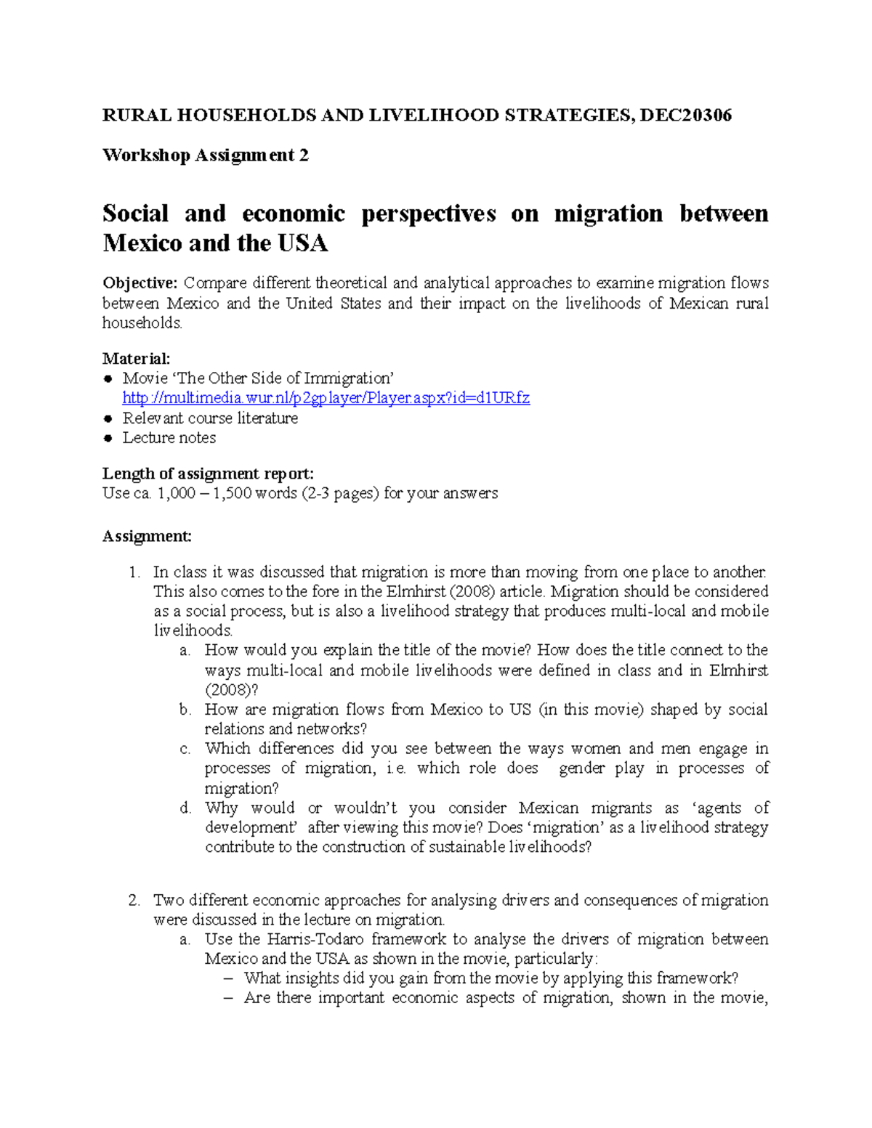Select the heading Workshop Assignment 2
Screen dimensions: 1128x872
pos(206,155)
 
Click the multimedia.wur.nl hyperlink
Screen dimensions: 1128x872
pos(326,398)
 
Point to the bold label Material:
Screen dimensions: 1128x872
pos(137,358)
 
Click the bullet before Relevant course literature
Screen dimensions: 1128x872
pos(108,418)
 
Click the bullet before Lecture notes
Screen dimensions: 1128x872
pos(108,438)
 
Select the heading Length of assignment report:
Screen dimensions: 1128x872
pos(208,474)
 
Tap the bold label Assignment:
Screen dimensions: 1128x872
pos(147,536)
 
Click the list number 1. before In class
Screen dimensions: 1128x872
pos(134,572)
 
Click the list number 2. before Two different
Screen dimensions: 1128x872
pos(134,901)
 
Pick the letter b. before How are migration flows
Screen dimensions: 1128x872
pos(185,710)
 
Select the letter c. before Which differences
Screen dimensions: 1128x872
pos(185,749)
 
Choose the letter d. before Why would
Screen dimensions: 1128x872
pos(185,808)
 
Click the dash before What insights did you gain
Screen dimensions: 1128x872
pos(230,978)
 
